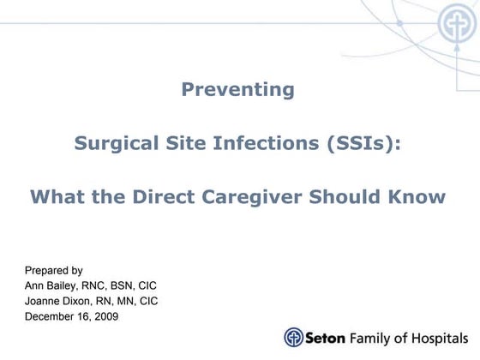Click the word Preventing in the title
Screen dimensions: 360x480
(x=237, y=89)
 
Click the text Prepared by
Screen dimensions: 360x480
(x=53, y=270)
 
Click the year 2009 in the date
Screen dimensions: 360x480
(x=105, y=316)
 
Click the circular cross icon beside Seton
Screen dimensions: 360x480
(x=294, y=337)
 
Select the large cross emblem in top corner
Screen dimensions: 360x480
(x=456, y=23)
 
